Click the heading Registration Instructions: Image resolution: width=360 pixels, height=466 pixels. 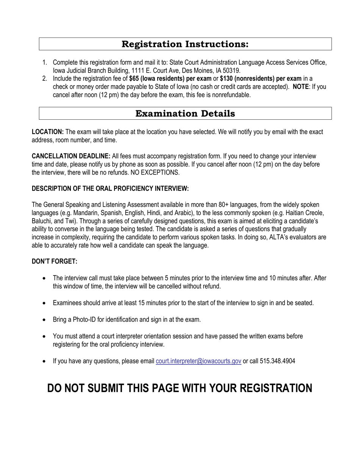185,44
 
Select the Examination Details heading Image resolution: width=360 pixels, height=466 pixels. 185,114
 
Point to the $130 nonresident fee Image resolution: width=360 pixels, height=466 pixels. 227,78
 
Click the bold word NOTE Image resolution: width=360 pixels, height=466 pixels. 301,87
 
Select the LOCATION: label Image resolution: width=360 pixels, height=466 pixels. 48,132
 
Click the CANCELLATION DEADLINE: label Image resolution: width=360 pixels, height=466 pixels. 71,156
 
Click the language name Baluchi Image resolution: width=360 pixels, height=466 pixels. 43,221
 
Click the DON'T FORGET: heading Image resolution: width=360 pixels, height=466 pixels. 55,262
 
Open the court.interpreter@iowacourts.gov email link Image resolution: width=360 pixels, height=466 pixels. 198,361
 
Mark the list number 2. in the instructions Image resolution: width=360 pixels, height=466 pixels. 45,78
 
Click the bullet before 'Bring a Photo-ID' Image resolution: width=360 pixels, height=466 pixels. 45,320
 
